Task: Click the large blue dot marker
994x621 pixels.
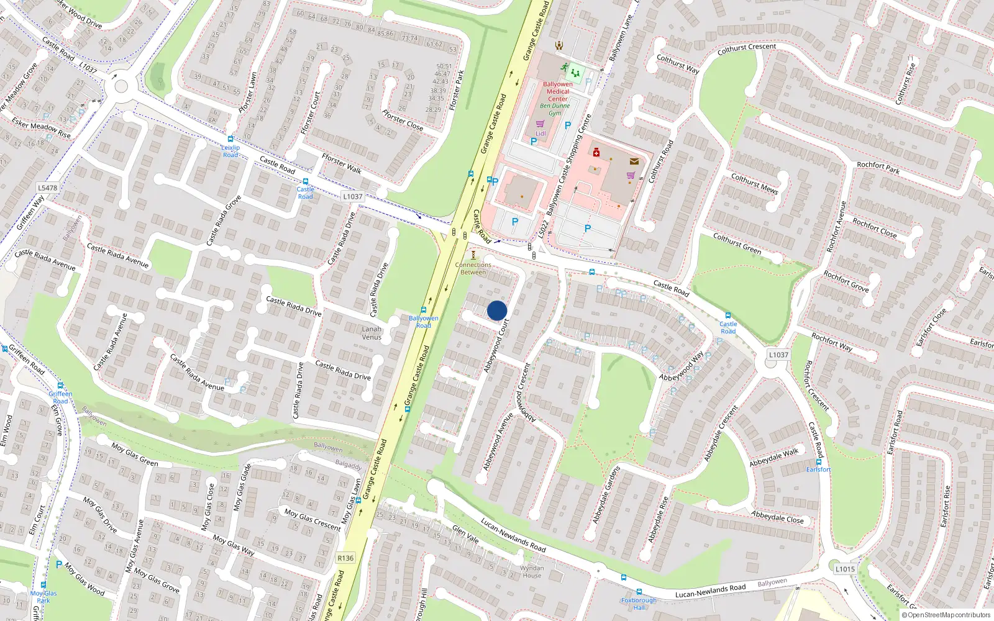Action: click(x=497, y=310)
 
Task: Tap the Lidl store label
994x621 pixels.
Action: click(x=540, y=134)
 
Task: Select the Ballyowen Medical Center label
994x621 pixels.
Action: click(x=557, y=91)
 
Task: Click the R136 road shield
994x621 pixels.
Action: click(x=345, y=558)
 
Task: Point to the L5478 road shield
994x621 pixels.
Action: click(x=47, y=188)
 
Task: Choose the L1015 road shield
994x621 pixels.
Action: click(x=845, y=568)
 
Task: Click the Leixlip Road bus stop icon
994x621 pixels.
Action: click(x=230, y=140)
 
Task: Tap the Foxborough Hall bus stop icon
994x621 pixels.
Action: click(x=639, y=592)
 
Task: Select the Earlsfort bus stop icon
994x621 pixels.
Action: click(x=819, y=461)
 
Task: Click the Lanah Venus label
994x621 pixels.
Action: click(x=372, y=333)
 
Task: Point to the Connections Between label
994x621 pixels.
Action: click(x=473, y=268)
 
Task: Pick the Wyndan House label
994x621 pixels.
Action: click(x=532, y=571)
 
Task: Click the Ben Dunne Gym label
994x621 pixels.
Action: click(x=555, y=109)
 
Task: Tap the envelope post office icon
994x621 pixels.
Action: click(x=634, y=161)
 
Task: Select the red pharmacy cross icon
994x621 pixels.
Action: click(x=596, y=152)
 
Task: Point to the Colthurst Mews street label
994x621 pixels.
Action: click(x=754, y=183)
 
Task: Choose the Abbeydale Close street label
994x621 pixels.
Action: click(x=777, y=517)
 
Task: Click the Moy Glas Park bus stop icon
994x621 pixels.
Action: click(x=43, y=585)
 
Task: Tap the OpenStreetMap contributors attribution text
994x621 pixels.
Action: click(x=946, y=615)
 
